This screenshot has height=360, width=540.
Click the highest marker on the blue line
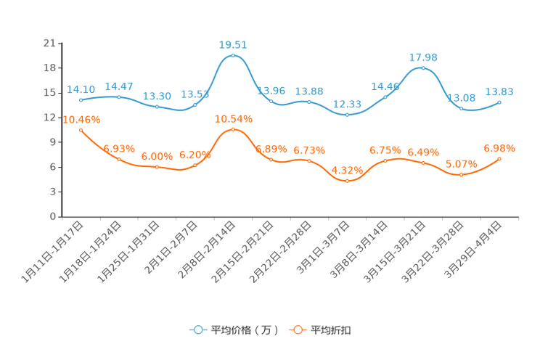pos(233,55)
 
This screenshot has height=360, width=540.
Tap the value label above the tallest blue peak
pos(233,44)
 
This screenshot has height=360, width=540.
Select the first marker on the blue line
pos(81,100)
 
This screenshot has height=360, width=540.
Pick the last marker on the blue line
pos(499,102)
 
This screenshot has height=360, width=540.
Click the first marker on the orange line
pos(81,129)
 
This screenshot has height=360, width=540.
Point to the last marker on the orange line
pos(499,158)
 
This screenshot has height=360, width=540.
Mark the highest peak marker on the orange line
pos(233,129)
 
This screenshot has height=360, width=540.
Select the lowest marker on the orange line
pos(348,180)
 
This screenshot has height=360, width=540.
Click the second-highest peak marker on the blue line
pos(423,68)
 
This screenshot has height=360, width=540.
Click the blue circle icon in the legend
pos(198,330)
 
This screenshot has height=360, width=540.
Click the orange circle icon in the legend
pos(297,330)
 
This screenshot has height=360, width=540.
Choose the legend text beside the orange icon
pos(331,330)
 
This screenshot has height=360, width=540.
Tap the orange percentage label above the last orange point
pos(499,148)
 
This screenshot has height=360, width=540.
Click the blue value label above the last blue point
pos(499,92)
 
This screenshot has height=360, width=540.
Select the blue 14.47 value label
pos(118,86)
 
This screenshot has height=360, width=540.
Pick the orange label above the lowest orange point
pos(348,170)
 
